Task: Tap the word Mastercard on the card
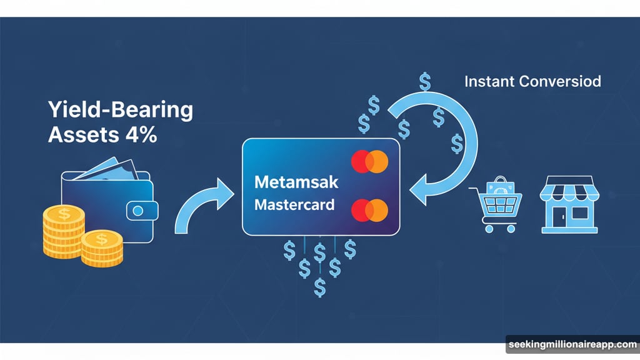pyautogui.click(x=294, y=204)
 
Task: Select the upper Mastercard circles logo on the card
pyautogui.click(x=369, y=161)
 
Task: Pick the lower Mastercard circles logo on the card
pyautogui.click(x=369, y=210)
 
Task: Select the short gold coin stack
pyautogui.click(x=101, y=247)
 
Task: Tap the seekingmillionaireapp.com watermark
pyautogui.click(x=572, y=344)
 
